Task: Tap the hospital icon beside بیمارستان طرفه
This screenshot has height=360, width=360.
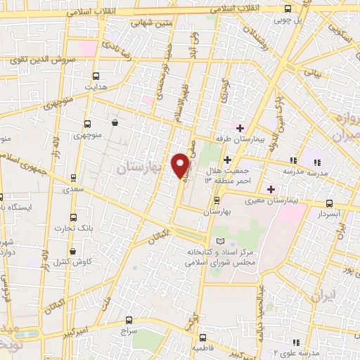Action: pos(240,127)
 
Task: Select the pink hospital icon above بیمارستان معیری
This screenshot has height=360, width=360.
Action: pos(271,188)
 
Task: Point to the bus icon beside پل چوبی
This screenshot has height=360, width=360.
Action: pos(288,9)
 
